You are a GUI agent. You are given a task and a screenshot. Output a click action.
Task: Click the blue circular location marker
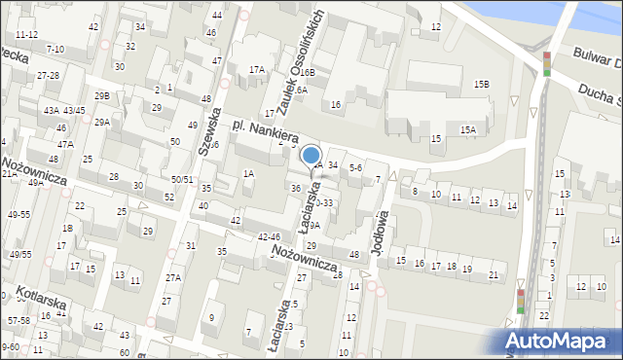(x=311, y=155)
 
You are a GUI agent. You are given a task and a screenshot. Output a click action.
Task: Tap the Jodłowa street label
(x=381, y=231)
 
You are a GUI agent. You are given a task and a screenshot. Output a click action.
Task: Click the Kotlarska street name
(x=46, y=301)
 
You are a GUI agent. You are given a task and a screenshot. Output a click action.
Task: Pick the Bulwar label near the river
(x=595, y=55)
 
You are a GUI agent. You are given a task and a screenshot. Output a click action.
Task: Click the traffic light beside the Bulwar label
(x=547, y=63)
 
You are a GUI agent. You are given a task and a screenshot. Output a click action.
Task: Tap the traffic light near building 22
(x=521, y=301)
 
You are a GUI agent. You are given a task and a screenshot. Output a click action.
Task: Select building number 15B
(x=482, y=85)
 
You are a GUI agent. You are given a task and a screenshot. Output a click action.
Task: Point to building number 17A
(x=256, y=69)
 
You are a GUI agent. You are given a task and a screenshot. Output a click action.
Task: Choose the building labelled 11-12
(x=26, y=34)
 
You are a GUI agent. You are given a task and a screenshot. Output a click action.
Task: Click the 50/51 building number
(x=182, y=180)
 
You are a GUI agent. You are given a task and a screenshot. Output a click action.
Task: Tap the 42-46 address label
(x=269, y=236)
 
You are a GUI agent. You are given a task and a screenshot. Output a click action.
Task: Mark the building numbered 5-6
(x=355, y=167)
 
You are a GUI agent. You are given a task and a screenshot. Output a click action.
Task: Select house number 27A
(x=172, y=277)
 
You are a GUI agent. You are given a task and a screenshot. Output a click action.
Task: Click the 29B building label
(x=101, y=95)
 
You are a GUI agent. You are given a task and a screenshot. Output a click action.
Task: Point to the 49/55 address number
(x=18, y=254)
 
